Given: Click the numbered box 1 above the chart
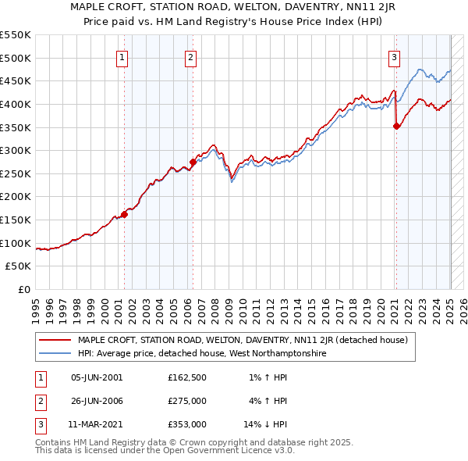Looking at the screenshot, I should [123, 56].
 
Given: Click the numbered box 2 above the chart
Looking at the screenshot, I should [191, 56].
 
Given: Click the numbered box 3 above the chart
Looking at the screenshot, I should [395, 56].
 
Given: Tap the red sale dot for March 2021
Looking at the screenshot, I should [396, 126].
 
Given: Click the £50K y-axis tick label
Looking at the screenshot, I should [18, 266].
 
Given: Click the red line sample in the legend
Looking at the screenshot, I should [55, 340].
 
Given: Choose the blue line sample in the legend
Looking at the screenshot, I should [55, 353].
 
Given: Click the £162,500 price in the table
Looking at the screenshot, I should [186, 377].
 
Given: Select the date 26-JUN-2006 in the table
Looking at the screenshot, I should [97, 402].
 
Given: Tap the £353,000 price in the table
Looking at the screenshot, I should [186, 425].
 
